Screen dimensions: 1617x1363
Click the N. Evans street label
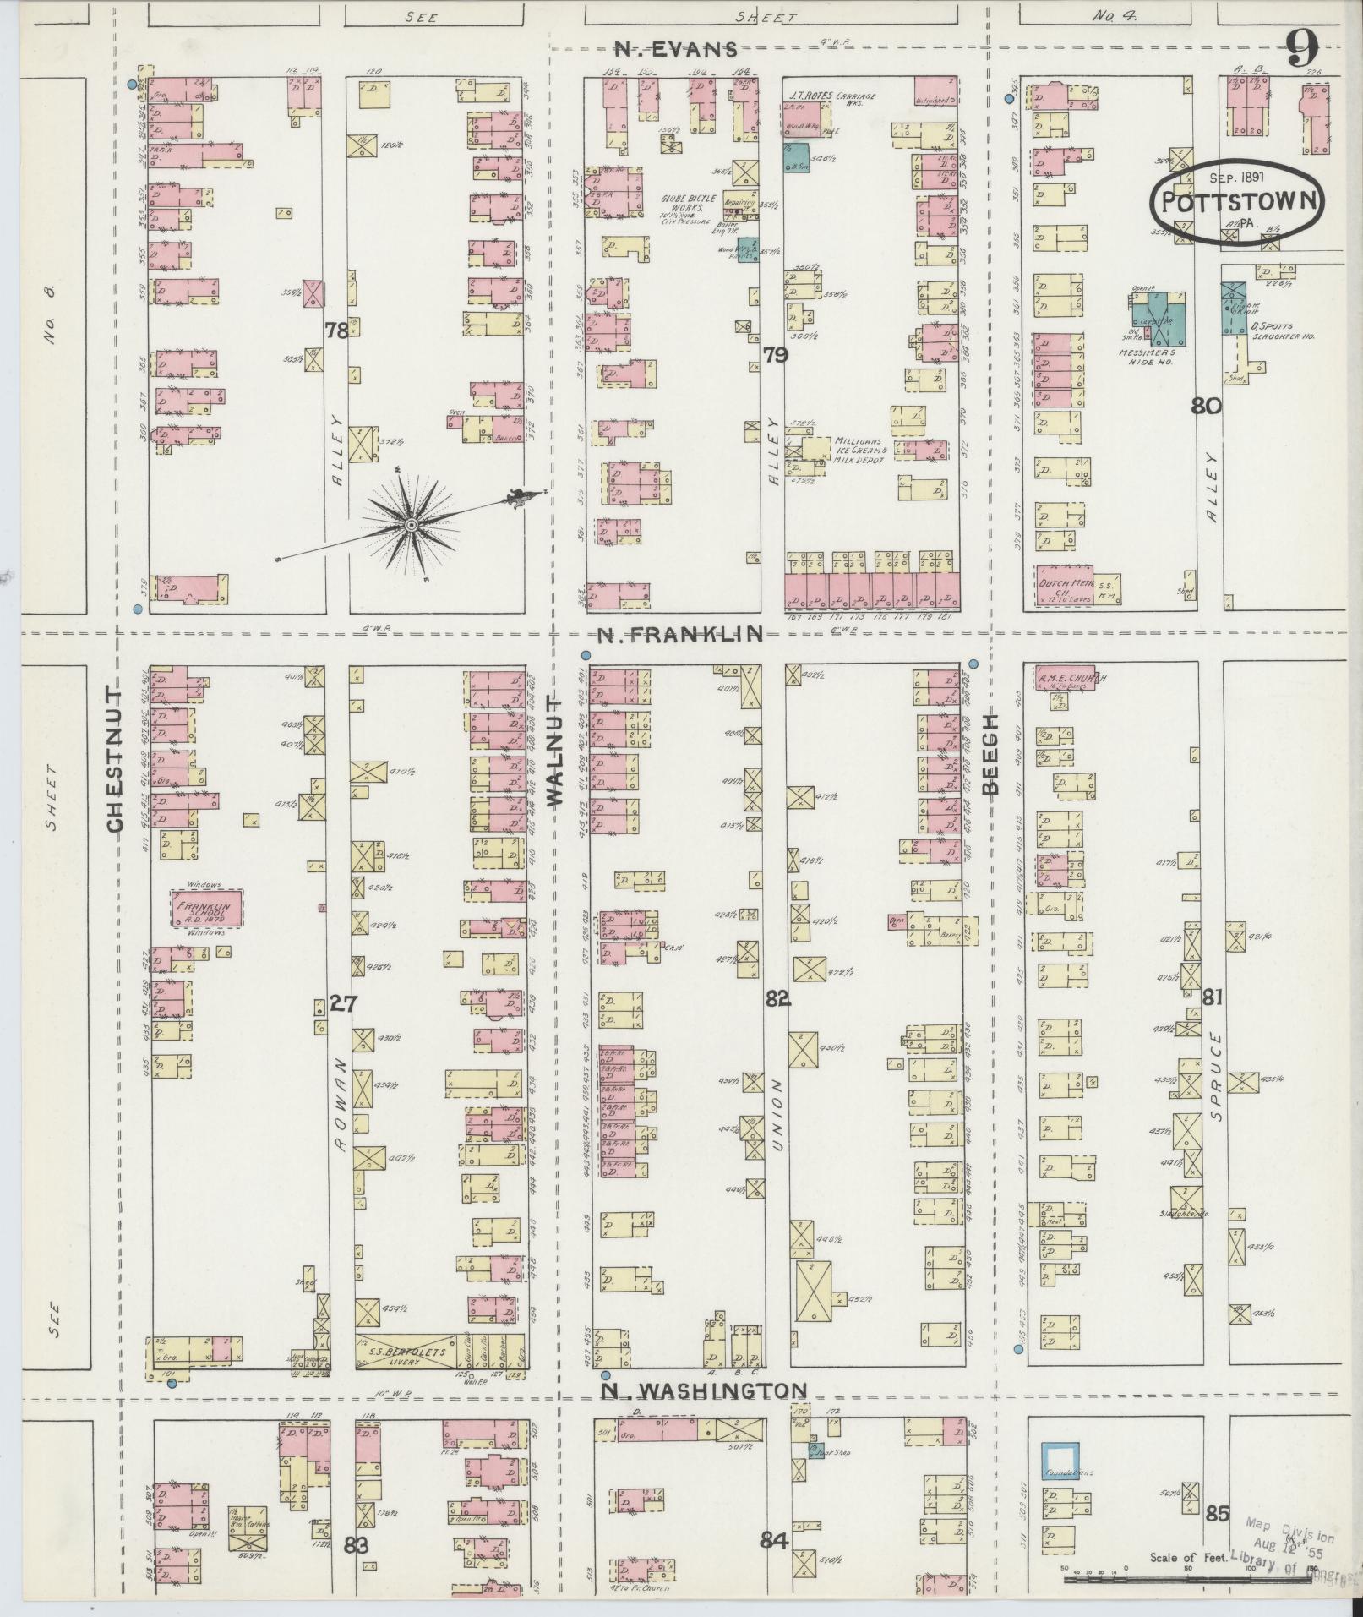click(675, 50)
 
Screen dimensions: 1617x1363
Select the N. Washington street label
click(704, 1390)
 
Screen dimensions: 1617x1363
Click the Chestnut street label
click(116, 760)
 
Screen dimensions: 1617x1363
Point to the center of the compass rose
click(411, 526)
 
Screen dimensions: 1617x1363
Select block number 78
click(336, 331)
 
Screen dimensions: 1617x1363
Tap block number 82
click(777, 998)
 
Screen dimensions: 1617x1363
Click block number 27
click(344, 1004)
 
